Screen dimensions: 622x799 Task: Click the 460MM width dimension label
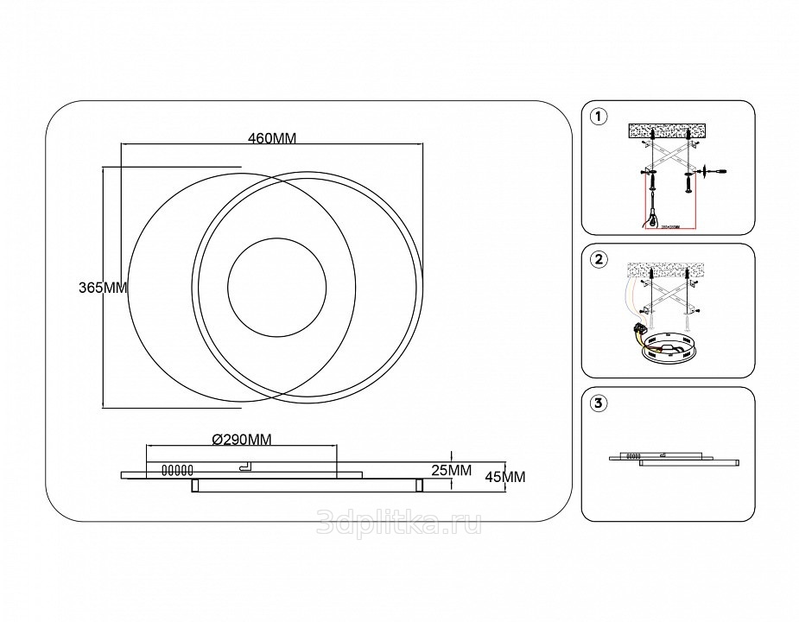(x=272, y=138)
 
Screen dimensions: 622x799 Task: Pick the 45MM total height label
(x=505, y=476)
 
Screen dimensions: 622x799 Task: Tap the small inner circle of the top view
(x=276, y=284)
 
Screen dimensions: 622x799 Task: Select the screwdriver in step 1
(x=713, y=172)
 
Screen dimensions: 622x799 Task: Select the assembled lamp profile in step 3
(x=674, y=459)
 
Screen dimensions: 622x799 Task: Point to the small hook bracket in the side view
(x=244, y=466)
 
